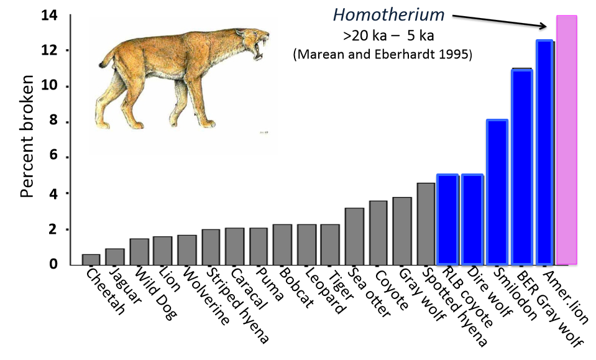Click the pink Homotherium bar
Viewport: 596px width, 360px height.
pyautogui.click(x=566, y=140)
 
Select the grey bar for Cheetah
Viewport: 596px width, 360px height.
pyautogui.click(x=91, y=259)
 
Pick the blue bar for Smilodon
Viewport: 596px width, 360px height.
pyautogui.click(x=497, y=192)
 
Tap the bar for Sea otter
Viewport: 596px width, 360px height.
pyautogui.click(x=354, y=236)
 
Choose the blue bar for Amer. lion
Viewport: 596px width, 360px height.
pyautogui.click(x=545, y=152)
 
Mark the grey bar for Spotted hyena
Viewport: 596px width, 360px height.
pyautogui.click(x=426, y=224)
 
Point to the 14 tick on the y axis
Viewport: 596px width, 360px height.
pyautogui.click(x=50, y=15)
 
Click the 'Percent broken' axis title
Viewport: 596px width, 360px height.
pyautogui.click(x=27, y=137)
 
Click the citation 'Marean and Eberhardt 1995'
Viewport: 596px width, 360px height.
pyautogui.click(x=382, y=55)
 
